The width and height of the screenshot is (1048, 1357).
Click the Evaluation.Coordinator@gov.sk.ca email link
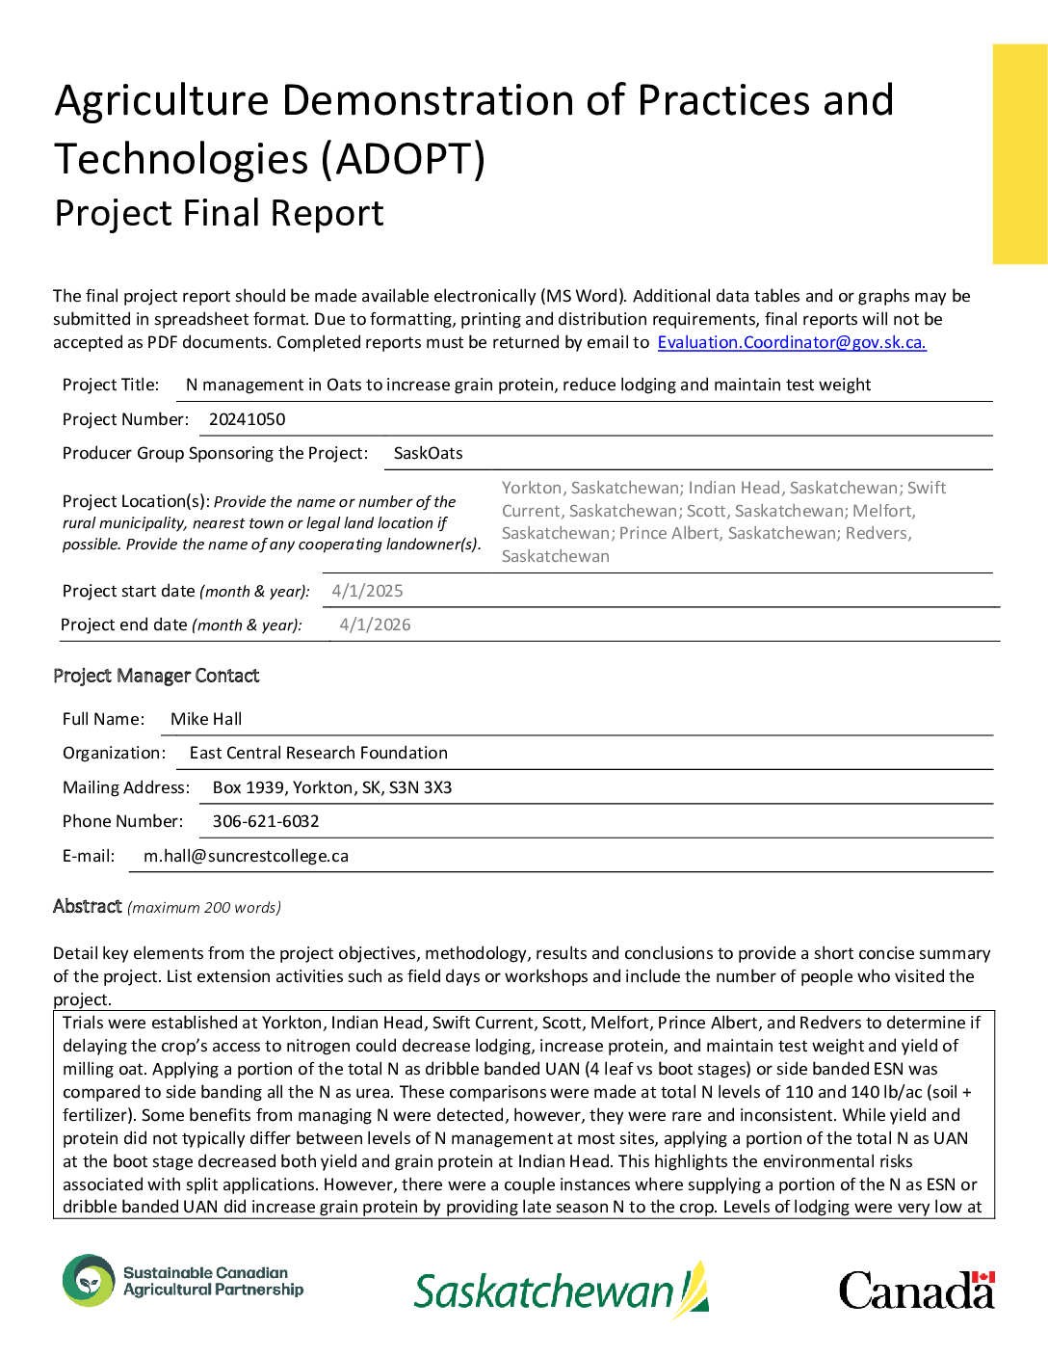pyautogui.click(x=791, y=342)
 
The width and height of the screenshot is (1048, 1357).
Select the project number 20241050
pyautogui.click(x=247, y=419)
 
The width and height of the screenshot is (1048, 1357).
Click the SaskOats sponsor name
pyautogui.click(x=428, y=453)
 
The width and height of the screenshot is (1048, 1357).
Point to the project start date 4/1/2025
pyautogui.click(x=367, y=591)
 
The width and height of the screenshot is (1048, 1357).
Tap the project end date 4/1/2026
pyautogui.click(x=375, y=625)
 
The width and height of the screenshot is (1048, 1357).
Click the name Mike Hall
pyautogui.click(x=206, y=719)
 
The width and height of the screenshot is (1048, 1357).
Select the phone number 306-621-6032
pyautogui.click(x=266, y=821)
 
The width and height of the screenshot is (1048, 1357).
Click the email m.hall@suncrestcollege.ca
pyautogui.click(x=246, y=856)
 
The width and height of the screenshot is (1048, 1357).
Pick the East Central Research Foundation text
pyautogui.click(x=318, y=753)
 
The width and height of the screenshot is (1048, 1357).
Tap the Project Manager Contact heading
pyautogui.click(x=156, y=676)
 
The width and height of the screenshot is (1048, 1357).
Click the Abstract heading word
pyautogui.click(x=88, y=906)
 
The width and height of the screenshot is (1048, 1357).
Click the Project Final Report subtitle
pyautogui.click(x=219, y=213)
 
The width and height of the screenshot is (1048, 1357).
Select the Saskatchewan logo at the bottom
pyautogui.click(x=561, y=1290)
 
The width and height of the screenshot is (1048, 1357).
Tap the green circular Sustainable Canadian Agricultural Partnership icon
pyautogui.click(x=89, y=1281)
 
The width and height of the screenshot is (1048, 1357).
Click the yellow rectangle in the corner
pyautogui.click(x=1019, y=154)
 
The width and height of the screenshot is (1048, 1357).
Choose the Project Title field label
pyautogui.click(x=111, y=385)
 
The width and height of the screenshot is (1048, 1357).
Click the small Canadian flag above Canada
pyautogui.click(x=982, y=1277)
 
